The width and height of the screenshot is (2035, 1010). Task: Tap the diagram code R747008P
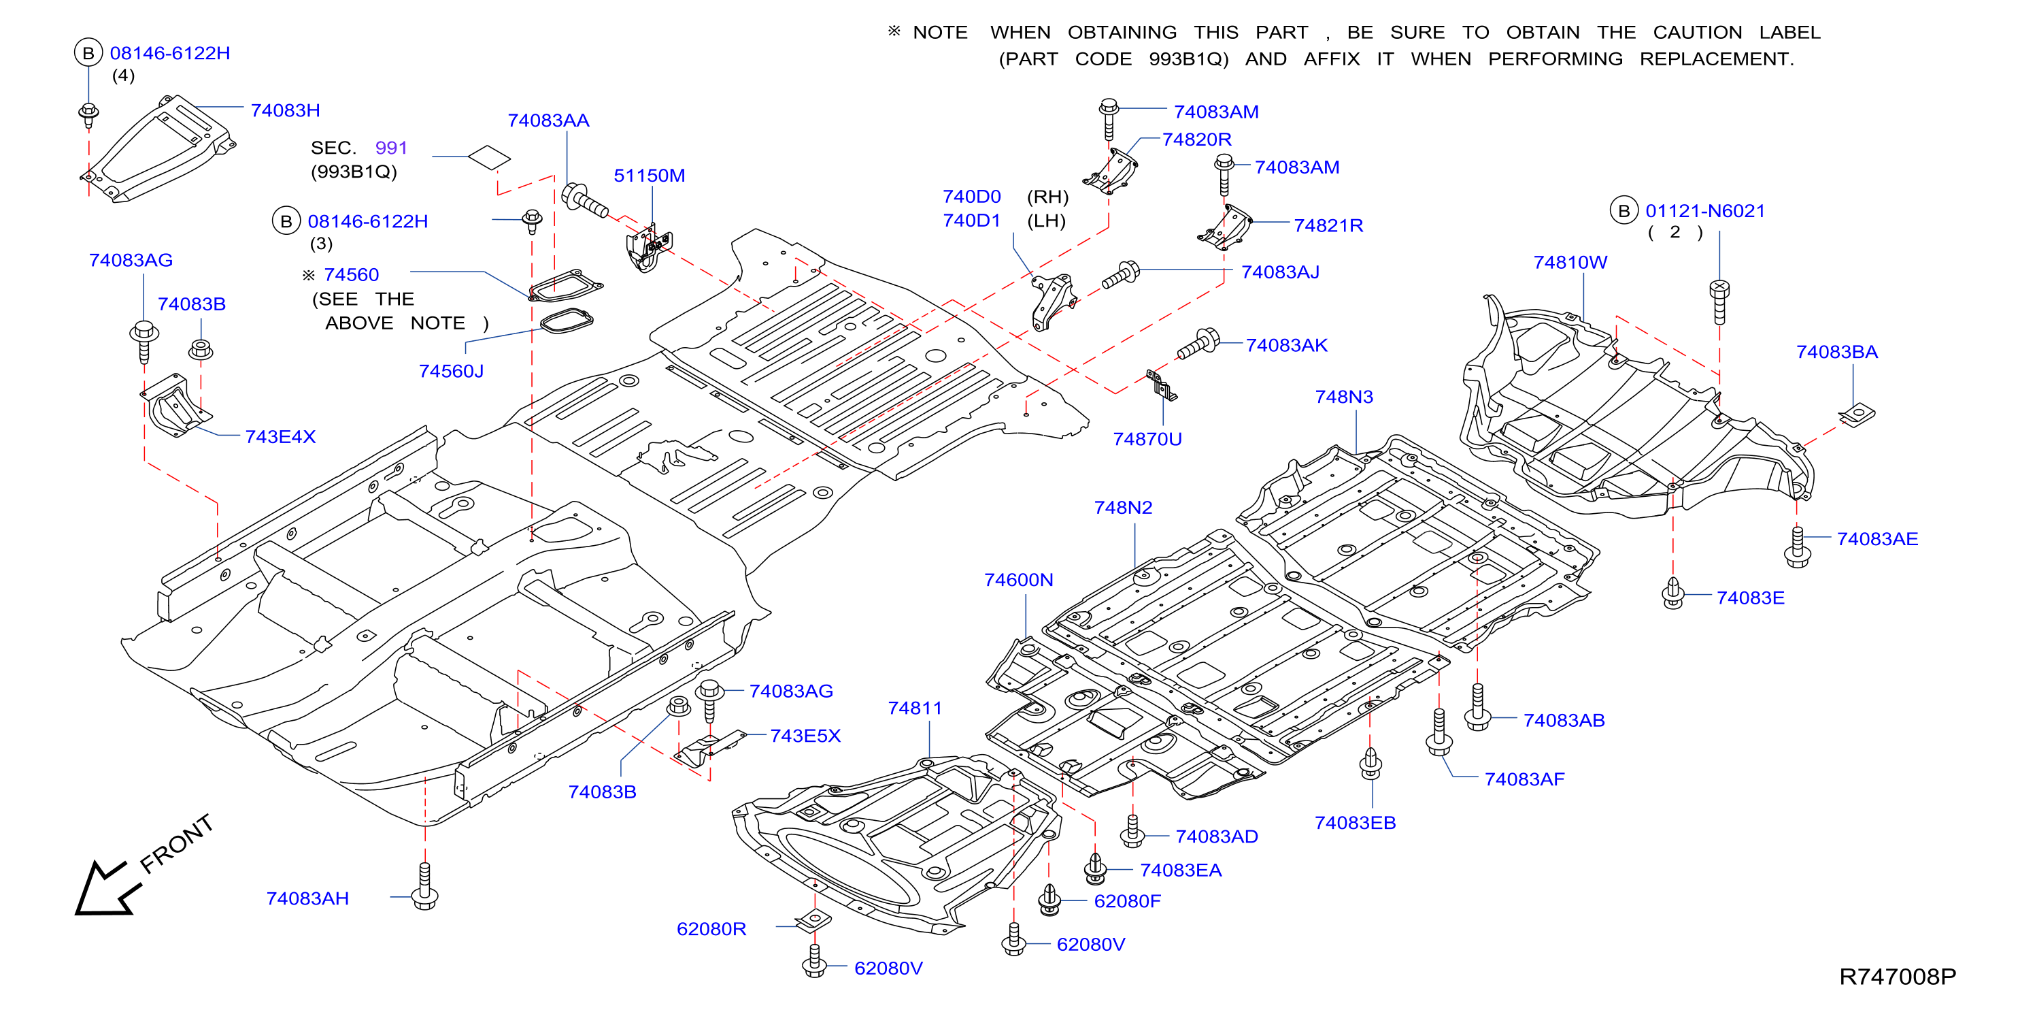click(x=1897, y=977)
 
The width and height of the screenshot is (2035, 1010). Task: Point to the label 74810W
click(x=1570, y=263)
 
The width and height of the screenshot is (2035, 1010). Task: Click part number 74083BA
click(x=1836, y=353)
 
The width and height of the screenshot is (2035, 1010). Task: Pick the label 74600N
click(x=1018, y=580)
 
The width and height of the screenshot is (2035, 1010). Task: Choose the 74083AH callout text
click(x=307, y=898)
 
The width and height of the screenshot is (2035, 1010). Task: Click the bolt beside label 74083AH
click(x=425, y=887)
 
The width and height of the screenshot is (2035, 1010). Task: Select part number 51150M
click(x=650, y=176)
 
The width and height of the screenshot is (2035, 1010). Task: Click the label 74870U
click(x=1147, y=440)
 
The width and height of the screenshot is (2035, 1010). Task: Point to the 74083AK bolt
click(x=1198, y=344)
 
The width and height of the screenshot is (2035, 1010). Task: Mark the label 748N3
click(x=1344, y=397)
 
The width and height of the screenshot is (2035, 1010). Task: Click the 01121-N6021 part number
click(x=1704, y=211)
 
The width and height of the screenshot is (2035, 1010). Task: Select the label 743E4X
click(x=280, y=437)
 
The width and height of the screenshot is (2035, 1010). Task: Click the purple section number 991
click(x=391, y=148)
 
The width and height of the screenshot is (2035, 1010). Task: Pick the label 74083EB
click(x=1355, y=824)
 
